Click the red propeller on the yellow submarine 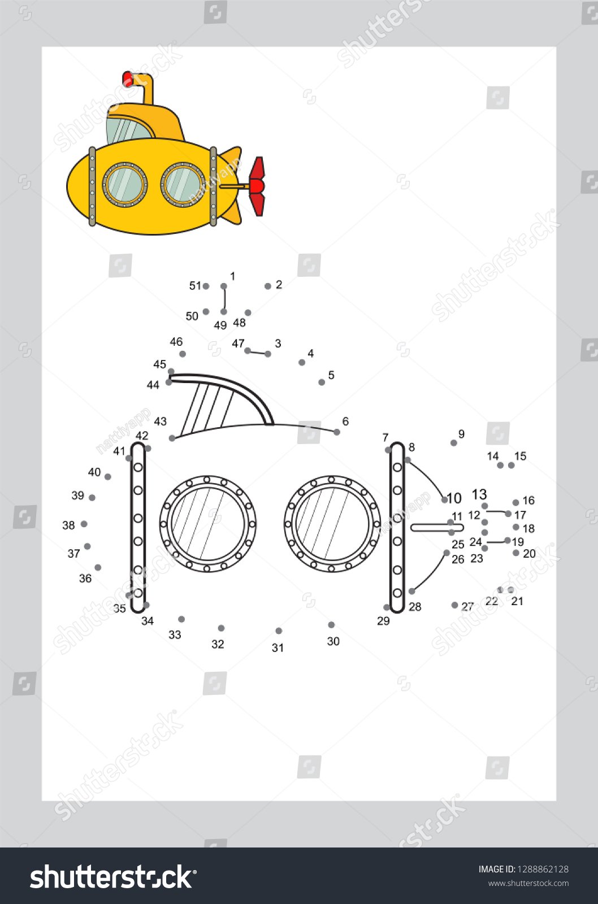257,186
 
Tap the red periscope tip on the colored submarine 128,79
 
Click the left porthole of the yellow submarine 124,184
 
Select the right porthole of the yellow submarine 183,184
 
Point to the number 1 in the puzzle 232,276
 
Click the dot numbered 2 268,286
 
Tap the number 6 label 345,421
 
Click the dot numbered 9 454,443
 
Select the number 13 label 479,495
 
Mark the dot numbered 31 279,631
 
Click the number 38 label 68,525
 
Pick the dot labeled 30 331,625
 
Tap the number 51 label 195,286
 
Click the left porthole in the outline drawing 207,524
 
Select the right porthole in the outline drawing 332,524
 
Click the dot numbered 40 108,477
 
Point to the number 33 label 175,635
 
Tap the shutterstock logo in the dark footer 113,877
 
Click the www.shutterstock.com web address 528,884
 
